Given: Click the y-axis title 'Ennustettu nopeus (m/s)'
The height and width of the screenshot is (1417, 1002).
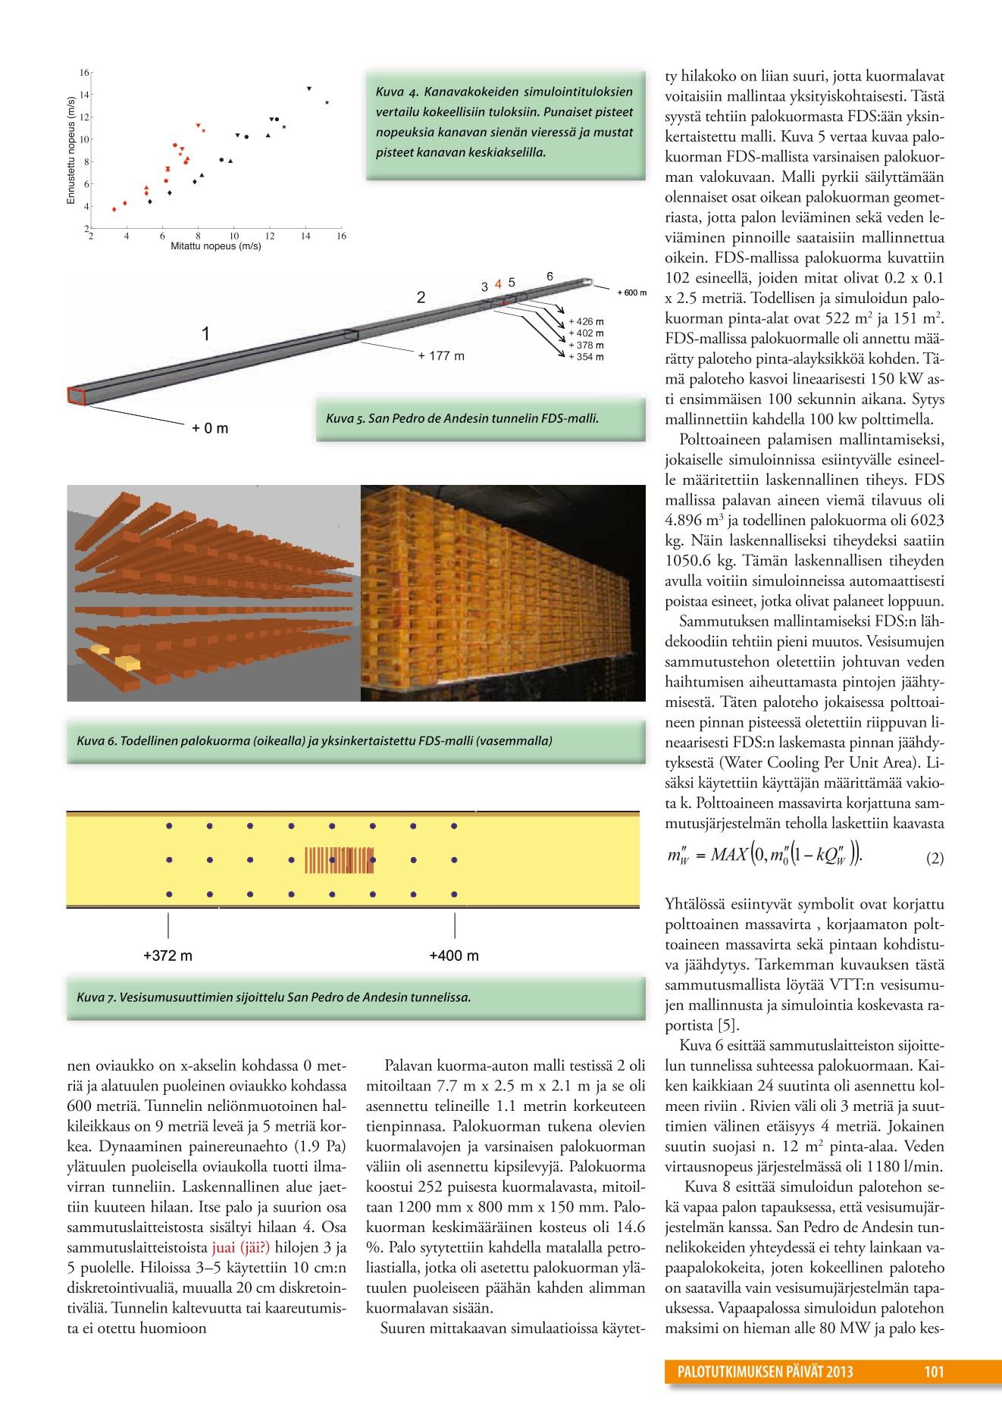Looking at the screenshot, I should (x=71, y=150).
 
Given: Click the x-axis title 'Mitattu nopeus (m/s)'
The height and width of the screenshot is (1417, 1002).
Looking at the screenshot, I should (x=215, y=246).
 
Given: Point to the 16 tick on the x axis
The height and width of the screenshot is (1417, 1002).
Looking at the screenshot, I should (x=341, y=236).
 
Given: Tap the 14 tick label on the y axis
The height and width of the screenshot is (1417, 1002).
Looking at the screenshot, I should (x=84, y=95).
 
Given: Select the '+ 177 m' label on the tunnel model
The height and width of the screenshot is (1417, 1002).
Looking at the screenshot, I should (x=441, y=355).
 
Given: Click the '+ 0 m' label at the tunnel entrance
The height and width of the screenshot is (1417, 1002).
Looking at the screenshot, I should (x=210, y=428).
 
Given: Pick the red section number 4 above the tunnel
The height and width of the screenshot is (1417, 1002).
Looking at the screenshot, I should (x=498, y=283).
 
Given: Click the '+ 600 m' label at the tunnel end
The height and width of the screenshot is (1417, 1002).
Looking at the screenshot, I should (x=631, y=292).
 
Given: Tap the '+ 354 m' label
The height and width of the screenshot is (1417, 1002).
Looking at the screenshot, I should (x=586, y=357).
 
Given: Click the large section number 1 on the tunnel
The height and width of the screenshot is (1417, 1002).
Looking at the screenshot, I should (x=205, y=333).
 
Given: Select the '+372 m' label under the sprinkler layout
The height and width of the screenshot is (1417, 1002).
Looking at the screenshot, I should (x=168, y=956).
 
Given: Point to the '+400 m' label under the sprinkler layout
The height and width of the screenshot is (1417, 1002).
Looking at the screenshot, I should (x=454, y=956).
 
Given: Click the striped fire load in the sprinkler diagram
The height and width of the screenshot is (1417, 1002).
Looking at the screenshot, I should (x=339, y=860).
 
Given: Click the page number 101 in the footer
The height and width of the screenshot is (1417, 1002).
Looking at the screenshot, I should (x=934, y=1372).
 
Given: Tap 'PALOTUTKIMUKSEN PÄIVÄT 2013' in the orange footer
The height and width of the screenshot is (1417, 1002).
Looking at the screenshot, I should (x=765, y=1372).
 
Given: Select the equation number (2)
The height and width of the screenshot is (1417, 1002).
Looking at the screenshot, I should (x=935, y=859).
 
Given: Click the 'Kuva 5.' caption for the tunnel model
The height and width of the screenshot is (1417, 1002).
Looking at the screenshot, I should (x=462, y=418).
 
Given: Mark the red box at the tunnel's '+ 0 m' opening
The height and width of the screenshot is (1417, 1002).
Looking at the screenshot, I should (x=77, y=396).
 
